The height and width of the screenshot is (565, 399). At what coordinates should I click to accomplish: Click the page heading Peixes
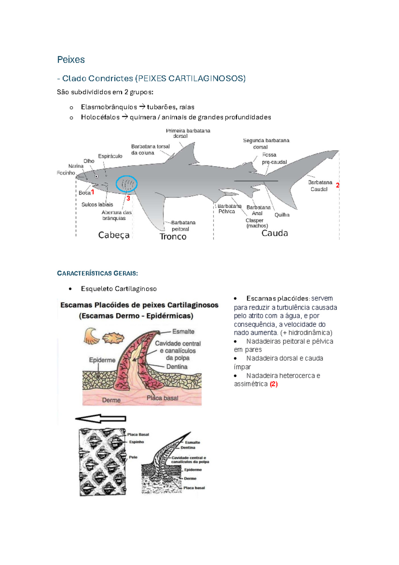[71, 60]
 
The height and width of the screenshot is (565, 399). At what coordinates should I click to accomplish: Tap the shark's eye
[96, 176]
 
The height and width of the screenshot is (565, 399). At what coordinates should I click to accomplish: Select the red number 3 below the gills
[128, 198]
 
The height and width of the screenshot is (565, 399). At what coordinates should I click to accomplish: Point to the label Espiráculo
[110, 156]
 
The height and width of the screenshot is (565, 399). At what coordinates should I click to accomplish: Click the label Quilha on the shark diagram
[282, 215]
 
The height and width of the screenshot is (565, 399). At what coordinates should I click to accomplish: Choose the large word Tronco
[173, 237]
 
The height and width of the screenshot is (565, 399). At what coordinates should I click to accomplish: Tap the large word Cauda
[275, 233]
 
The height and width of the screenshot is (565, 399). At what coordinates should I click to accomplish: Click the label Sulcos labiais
[97, 205]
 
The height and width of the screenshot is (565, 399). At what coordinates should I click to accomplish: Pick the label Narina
[76, 166]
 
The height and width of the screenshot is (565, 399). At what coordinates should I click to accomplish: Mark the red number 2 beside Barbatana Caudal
[337, 185]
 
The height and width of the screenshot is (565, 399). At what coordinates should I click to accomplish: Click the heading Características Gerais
[97, 274]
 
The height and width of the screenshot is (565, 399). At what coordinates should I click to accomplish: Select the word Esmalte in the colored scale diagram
[183, 331]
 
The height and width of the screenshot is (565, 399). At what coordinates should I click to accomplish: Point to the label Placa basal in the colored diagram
[162, 398]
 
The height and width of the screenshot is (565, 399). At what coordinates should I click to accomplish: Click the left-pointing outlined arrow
[100, 419]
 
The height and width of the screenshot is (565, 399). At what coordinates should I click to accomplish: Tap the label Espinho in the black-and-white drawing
[137, 442]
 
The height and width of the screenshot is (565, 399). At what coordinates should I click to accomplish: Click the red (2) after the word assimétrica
[274, 384]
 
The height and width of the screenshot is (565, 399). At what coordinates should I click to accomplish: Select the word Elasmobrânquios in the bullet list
[109, 107]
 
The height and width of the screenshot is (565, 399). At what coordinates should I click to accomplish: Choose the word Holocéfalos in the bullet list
[100, 117]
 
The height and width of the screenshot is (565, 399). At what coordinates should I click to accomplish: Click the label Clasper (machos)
[257, 223]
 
